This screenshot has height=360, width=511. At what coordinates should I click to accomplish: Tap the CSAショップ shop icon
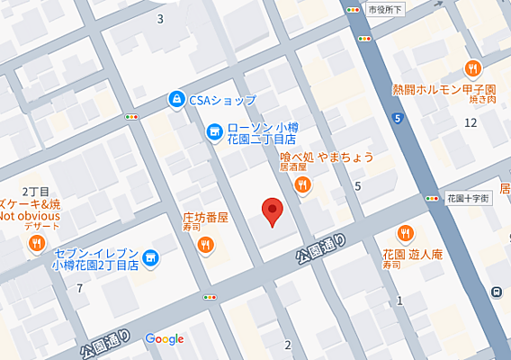[x=178, y=99]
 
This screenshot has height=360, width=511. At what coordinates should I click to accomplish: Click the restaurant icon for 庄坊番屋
[x=207, y=244]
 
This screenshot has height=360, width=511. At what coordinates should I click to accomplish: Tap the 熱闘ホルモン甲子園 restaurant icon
[x=471, y=68]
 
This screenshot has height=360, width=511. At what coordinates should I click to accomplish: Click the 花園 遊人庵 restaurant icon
[x=405, y=231]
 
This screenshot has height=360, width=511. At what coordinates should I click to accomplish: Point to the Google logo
[x=165, y=339]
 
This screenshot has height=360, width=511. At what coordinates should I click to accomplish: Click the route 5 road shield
[x=397, y=118]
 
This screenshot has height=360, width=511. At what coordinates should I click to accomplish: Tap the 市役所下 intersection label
[x=388, y=9]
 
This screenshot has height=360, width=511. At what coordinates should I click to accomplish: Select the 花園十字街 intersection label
[x=468, y=197]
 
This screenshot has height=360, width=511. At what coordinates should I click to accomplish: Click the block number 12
[x=470, y=122]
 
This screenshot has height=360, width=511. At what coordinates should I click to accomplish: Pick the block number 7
[x=80, y=288]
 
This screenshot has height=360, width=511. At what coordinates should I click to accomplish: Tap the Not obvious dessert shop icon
[x=35, y=243]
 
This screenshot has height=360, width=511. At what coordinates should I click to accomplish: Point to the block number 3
[x=160, y=18]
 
